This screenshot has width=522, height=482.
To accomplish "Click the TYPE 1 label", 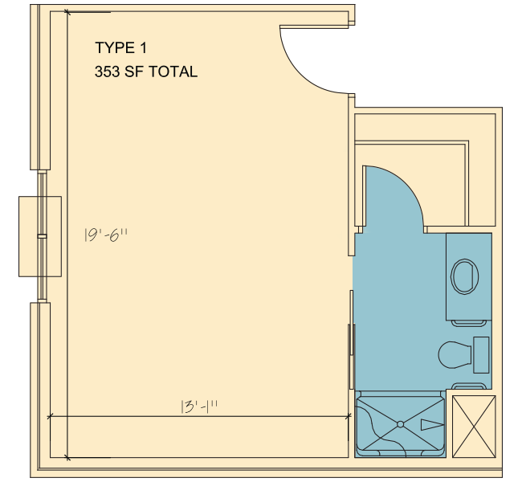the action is pos(120,48).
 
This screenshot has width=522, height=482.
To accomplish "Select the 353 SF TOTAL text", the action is pos(146,72).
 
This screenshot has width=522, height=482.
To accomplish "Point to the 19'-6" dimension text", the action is pos(106,235).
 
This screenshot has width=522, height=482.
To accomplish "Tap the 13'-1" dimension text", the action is pos(199,406).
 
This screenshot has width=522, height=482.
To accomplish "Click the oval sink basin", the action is pos(464,277).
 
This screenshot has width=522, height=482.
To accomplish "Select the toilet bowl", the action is pos(455,355).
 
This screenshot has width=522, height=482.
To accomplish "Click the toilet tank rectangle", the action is pos(481,355).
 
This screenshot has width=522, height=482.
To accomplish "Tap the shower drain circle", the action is pos(401,424).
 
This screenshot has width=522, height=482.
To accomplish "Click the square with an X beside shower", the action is pos(474,427).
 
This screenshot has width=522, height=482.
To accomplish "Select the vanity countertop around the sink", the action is pos(469,276).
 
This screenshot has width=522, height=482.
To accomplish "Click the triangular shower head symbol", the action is pos(432,425).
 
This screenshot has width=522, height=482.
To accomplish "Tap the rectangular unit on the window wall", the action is pos(40,236).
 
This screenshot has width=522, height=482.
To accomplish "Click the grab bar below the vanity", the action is pos(468,323).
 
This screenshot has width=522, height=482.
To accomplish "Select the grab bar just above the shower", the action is pos(468,386).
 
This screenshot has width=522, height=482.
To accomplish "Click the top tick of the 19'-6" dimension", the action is pos(67,12).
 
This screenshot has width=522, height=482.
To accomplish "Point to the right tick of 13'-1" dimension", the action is pos(349,416).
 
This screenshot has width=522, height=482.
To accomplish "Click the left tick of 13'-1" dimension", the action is pos(50,416).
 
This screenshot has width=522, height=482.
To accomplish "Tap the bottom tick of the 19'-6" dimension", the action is pos(67,457).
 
